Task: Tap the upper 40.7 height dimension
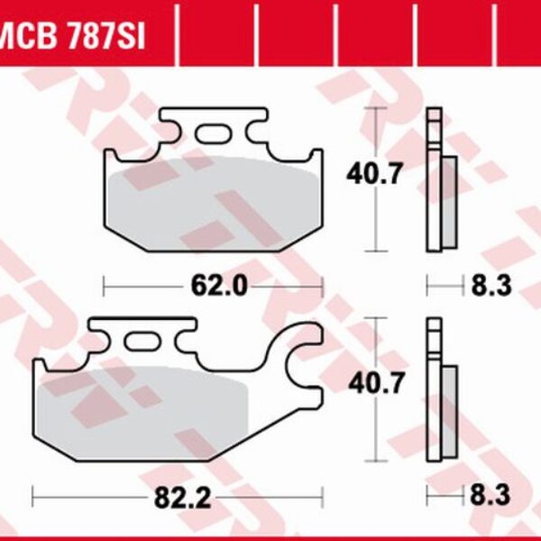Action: point(371,173)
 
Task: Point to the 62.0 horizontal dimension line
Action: point(144,287)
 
